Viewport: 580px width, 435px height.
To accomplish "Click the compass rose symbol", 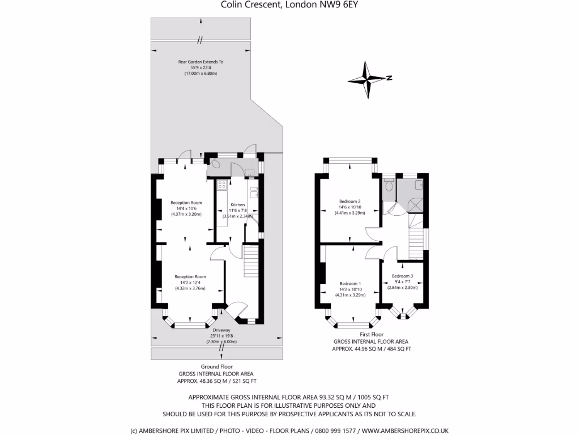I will coord(367,79).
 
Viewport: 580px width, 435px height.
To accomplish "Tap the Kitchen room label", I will coord(237,204).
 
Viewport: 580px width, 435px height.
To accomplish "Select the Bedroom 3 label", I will coord(402,276).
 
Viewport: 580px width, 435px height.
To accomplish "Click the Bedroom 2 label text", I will coord(349,202).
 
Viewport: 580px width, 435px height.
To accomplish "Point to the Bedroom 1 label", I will coord(349,283).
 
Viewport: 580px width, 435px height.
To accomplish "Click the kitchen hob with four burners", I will coord(221,185).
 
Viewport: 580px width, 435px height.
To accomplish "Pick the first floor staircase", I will coord(416,238).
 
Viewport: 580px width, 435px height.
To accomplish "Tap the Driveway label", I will coord(221,330).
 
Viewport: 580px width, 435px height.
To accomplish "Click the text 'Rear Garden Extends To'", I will coord(201,62).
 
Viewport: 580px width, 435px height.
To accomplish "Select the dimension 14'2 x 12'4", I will coord(190,283).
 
